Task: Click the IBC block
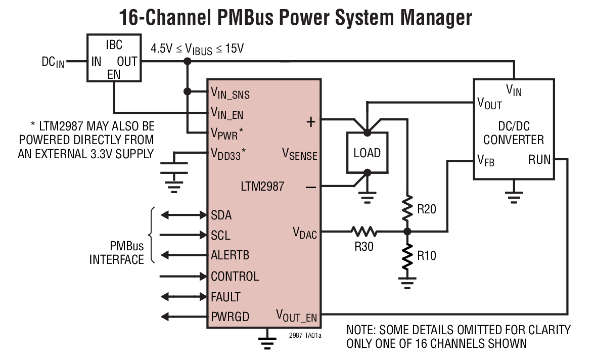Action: tap(114, 58)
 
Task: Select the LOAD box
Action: tap(367, 153)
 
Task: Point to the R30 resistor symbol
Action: tap(364, 232)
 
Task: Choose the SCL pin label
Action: tap(221, 235)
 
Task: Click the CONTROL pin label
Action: tap(235, 276)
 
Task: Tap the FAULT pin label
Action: tap(225, 296)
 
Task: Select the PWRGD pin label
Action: tap(230, 317)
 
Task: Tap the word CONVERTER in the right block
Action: tap(514, 140)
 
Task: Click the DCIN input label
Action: tap(53, 62)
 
